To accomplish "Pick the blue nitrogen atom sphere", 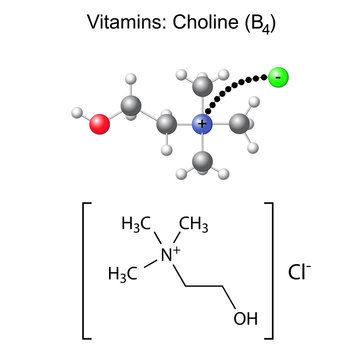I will pos(202,124).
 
